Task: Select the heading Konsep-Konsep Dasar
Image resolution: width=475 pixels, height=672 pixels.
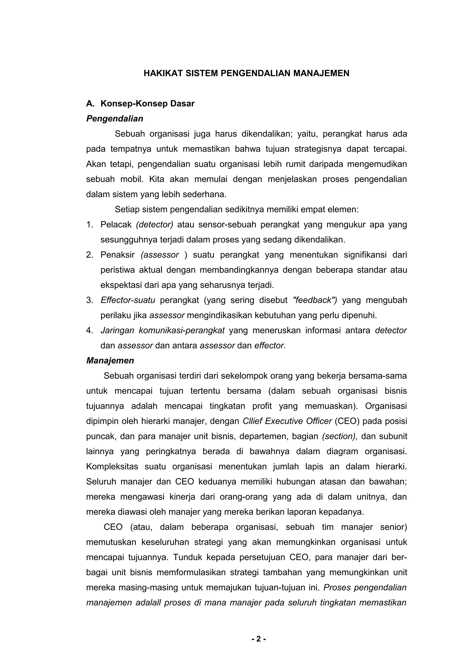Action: coord(147,104)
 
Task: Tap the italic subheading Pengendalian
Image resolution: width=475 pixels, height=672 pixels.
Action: coord(115,118)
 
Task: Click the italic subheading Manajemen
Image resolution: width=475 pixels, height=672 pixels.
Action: coord(110,361)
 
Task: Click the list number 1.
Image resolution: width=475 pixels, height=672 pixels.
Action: coord(89,224)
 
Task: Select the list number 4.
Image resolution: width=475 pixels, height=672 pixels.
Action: coord(89,330)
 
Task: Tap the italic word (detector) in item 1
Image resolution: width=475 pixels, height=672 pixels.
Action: coord(154,224)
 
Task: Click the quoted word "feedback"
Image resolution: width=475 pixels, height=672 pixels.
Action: coord(315,300)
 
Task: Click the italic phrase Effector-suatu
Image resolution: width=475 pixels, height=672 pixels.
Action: coord(128,300)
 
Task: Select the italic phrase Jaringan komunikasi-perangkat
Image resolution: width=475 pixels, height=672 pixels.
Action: coord(162,330)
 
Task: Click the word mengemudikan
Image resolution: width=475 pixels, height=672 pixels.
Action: coord(377,164)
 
